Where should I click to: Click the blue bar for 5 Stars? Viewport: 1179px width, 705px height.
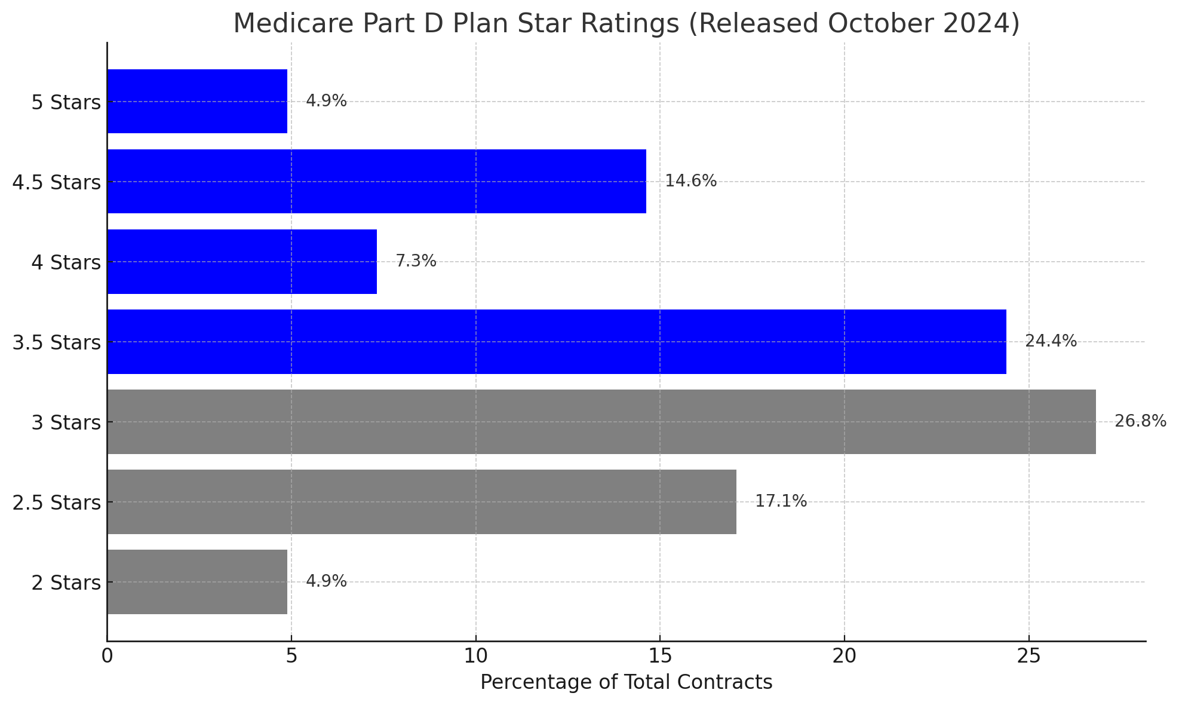point(197,101)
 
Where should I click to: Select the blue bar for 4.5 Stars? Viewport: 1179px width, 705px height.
point(376,181)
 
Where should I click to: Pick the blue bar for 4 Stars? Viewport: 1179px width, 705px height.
point(242,261)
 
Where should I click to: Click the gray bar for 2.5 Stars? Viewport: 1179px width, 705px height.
point(422,501)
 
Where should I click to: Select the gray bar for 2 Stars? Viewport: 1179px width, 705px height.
point(197,581)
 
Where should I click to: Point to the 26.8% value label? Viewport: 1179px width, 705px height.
point(1140,421)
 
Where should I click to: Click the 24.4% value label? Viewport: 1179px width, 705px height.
point(1051,341)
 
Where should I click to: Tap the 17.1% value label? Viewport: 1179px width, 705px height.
point(781,501)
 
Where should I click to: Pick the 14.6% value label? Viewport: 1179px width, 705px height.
point(690,181)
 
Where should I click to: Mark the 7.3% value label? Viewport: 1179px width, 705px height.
point(416,261)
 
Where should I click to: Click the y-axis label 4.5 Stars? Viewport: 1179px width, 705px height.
point(57,182)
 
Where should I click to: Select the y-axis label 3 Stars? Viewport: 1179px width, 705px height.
point(66,423)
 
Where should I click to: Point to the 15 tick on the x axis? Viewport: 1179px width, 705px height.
point(659,656)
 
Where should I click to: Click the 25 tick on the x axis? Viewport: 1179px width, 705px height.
point(1028,656)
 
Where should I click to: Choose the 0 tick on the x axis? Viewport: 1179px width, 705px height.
point(107,656)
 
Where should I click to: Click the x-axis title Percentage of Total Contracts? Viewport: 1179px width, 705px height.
point(626,682)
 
